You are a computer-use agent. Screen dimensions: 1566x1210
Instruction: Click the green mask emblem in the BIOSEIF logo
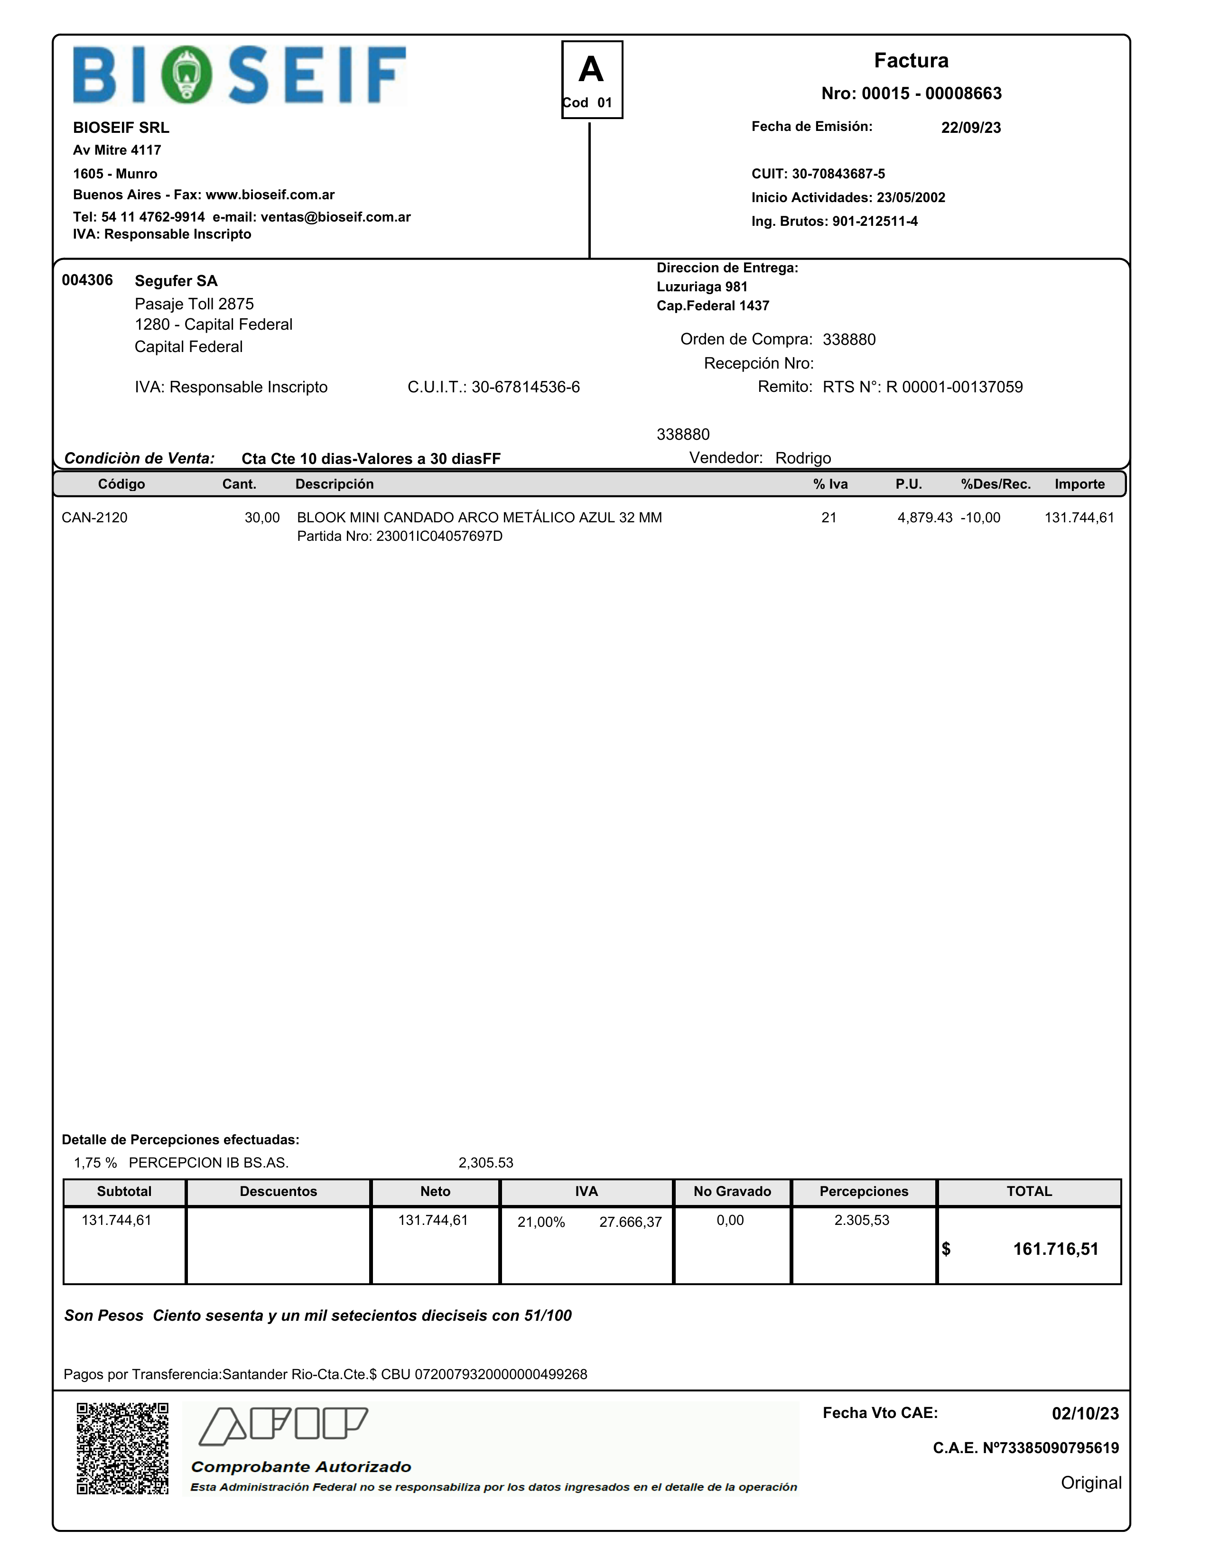coord(186,74)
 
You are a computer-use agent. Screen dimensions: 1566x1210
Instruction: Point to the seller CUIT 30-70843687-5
coord(838,174)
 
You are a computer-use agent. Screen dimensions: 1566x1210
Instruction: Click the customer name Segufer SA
coord(176,281)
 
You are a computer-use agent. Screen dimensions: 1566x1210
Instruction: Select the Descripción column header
coord(334,484)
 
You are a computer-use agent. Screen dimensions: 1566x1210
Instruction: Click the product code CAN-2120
coord(95,518)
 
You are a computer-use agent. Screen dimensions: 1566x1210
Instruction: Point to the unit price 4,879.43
coord(924,518)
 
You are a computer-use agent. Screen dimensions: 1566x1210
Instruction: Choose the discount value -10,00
coord(980,518)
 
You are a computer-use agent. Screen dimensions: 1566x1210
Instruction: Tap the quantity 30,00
coord(262,518)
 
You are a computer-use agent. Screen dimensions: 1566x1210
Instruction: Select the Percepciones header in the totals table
coord(864,1191)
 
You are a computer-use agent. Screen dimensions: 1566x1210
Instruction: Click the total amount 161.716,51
coord(1055,1249)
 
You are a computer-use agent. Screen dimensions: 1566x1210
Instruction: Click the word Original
coord(1090,1483)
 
